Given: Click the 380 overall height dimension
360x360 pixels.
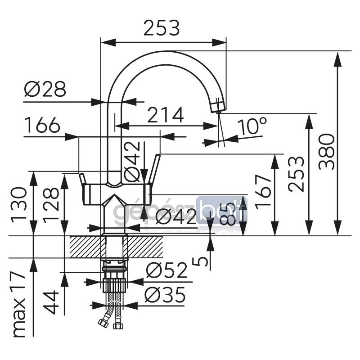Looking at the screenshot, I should click(x=327, y=151).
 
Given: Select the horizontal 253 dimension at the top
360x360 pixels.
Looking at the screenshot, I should click(x=162, y=28).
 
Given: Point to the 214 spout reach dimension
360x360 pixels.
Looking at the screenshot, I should click(x=166, y=116).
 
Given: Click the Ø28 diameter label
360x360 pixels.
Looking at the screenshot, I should click(x=45, y=90).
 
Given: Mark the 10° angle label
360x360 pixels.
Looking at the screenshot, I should click(x=252, y=127).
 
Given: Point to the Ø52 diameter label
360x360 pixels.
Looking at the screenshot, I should click(x=166, y=271).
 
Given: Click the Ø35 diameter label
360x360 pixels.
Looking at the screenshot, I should click(x=165, y=296).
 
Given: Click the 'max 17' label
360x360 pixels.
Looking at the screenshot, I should click(x=19, y=304).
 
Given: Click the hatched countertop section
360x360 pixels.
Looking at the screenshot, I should click(x=85, y=247).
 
